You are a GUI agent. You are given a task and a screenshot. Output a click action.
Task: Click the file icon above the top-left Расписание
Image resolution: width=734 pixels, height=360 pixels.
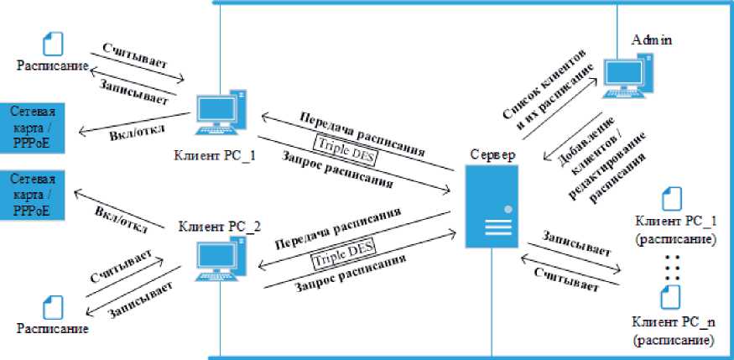(x=53, y=42)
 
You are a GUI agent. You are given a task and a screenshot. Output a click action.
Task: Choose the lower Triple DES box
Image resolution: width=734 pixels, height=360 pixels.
(x=342, y=253)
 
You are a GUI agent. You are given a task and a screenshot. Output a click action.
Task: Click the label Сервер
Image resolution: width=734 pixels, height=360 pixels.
(x=493, y=155)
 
